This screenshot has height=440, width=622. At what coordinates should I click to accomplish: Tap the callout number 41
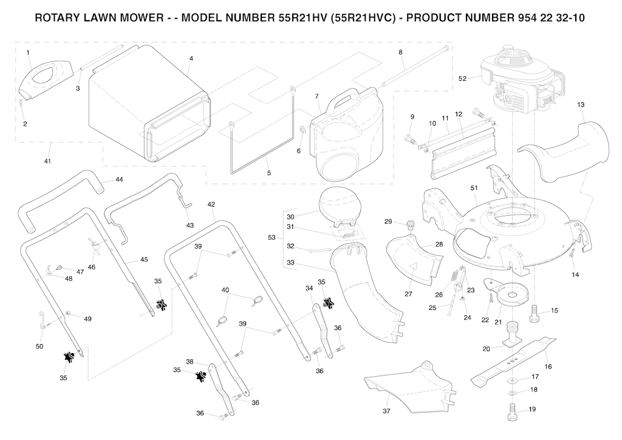click(47, 161)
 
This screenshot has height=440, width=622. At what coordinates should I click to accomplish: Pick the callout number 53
click(271, 237)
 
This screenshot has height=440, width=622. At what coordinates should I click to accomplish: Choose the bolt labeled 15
click(538, 312)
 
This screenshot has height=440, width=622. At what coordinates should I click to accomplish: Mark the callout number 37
click(386, 411)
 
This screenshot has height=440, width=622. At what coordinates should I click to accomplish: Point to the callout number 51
click(474, 188)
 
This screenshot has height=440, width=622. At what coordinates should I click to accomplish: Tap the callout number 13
click(581, 105)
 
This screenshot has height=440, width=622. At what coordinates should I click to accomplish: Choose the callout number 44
click(119, 180)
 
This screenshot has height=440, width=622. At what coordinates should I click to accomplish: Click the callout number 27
click(409, 294)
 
